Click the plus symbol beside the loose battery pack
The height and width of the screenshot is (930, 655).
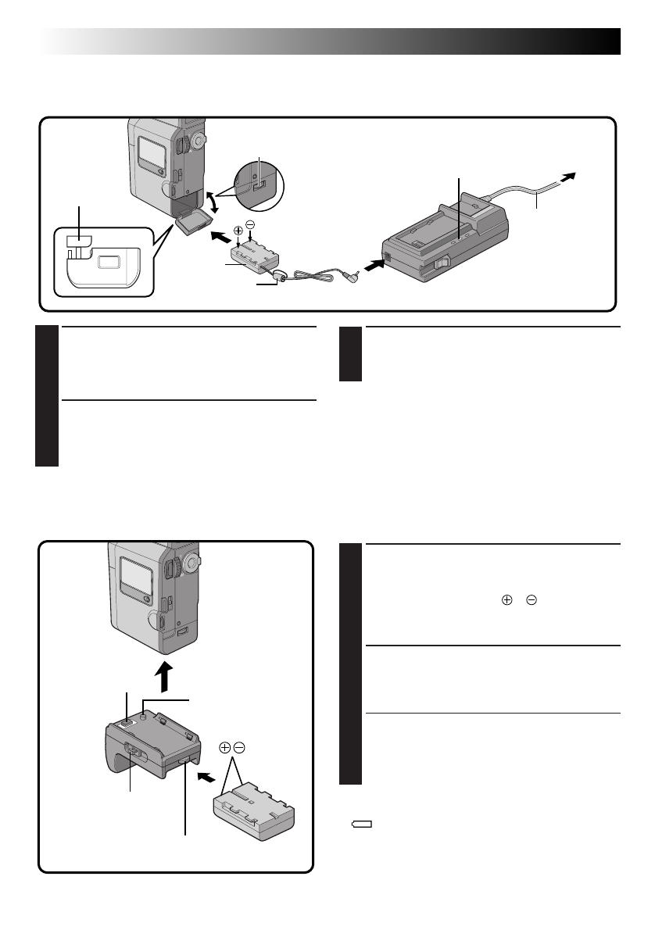pos(225,748)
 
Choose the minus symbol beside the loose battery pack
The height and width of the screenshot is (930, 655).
pos(239,748)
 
